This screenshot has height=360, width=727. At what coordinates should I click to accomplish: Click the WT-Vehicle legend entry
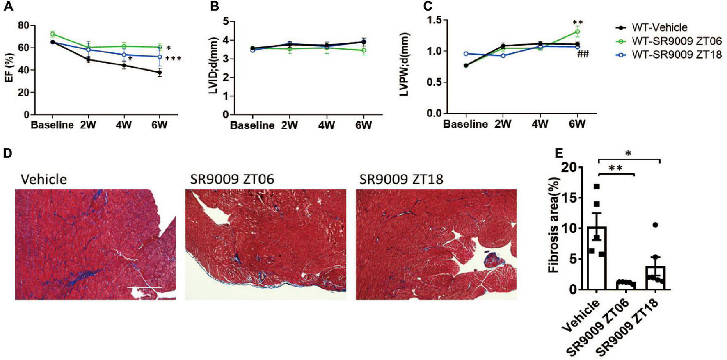click(659, 28)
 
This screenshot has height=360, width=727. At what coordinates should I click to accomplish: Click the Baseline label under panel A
click(52, 125)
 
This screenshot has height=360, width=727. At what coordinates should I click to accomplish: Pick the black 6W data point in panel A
click(160, 73)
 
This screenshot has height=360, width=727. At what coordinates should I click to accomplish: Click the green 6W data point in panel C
click(577, 32)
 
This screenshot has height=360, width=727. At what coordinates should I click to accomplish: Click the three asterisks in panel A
click(173, 59)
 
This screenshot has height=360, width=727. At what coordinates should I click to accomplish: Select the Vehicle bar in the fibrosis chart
click(599, 258)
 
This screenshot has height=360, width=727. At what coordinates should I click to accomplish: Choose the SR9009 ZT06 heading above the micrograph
click(232, 179)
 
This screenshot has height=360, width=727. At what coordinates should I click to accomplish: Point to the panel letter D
click(7, 153)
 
